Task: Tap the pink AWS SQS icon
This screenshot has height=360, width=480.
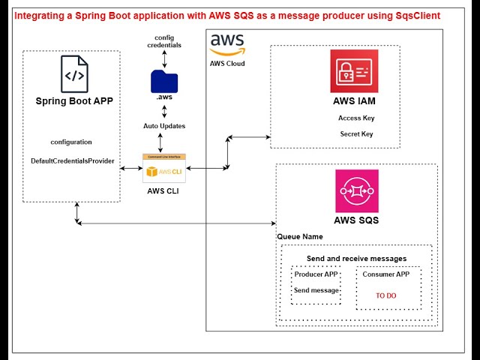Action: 357,190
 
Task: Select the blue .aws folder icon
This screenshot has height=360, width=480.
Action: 164,80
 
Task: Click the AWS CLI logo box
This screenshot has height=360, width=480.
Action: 164,168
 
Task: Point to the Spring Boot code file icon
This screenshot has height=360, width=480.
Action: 74,75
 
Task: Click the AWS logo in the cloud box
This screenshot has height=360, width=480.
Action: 227,44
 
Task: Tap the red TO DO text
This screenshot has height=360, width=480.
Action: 386,295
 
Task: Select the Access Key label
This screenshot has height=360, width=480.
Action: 356,118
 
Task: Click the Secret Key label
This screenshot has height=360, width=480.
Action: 356,134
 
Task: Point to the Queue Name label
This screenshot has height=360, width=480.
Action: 300,236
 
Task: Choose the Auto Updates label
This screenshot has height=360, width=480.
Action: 164,125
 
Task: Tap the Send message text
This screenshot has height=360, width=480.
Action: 316,290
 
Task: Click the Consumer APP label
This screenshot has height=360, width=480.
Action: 387,274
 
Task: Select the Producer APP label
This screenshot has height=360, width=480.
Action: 316,274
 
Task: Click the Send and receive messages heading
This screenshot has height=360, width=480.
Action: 356,258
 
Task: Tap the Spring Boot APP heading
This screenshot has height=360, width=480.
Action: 74,101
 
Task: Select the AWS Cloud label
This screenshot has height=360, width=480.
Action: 227,64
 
